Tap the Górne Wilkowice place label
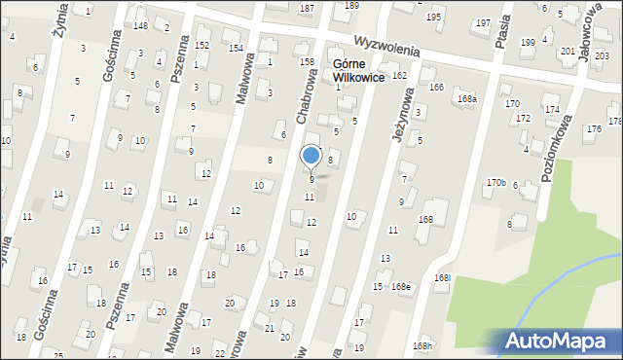click(358, 71)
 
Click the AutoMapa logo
click(556, 341)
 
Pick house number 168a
click(468, 98)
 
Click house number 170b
click(496, 182)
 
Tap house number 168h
click(421, 346)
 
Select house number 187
click(307, 8)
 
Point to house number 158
click(307, 61)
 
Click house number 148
click(140, 25)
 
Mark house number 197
click(483, 22)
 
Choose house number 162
click(398, 75)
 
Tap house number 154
click(235, 48)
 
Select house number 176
click(593, 129)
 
